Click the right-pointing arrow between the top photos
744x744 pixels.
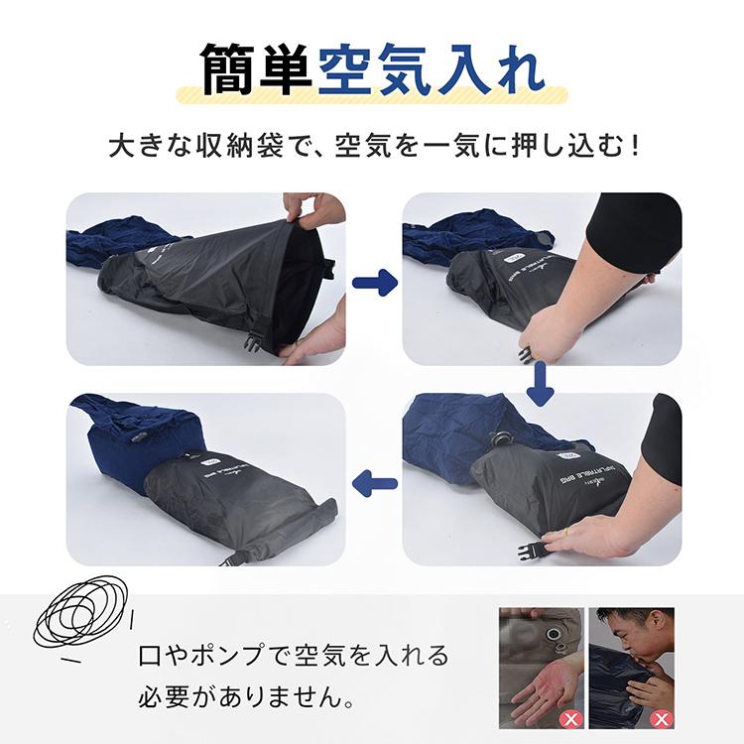tap(373, 283)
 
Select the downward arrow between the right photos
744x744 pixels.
tap(540, 383)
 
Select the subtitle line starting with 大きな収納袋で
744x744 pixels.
tap(372, 148)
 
